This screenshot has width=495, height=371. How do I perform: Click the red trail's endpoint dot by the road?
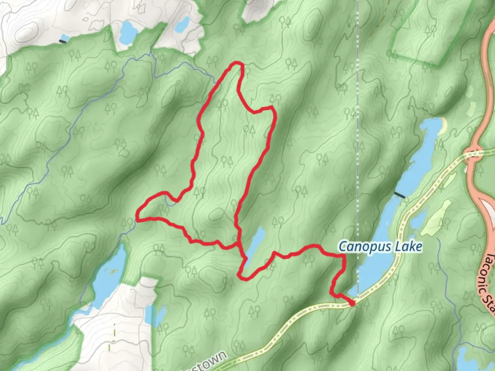pos(352,303)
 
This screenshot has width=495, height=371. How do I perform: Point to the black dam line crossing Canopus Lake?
pos(399,195)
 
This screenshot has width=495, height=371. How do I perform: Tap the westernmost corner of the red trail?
pos(137,218)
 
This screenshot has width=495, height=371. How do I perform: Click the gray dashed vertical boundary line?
pos(357,137)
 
